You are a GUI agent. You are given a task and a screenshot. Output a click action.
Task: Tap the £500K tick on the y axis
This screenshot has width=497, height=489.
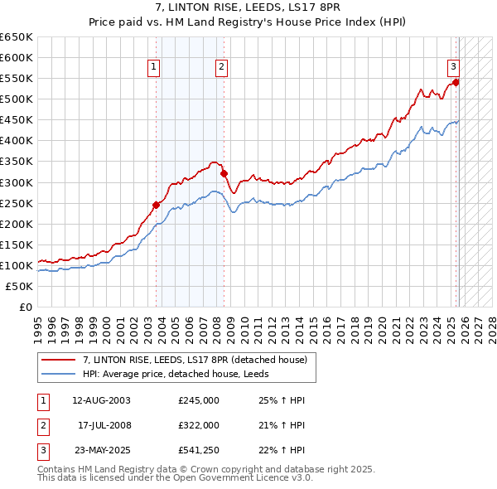click(17, 99)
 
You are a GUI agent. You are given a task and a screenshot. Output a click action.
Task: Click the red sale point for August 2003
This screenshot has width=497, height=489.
click(156, 205)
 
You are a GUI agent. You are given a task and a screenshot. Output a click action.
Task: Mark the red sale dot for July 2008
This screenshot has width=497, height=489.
click(224, 173)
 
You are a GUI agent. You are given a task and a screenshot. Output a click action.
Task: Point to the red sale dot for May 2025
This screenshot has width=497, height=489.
click(456, 82)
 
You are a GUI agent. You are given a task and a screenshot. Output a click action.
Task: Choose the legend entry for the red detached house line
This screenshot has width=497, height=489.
click(195, 360)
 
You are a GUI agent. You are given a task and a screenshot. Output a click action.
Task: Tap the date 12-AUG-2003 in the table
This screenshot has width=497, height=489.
click(101, 400)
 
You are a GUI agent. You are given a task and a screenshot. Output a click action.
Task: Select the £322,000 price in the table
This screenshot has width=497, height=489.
click(199, 424)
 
